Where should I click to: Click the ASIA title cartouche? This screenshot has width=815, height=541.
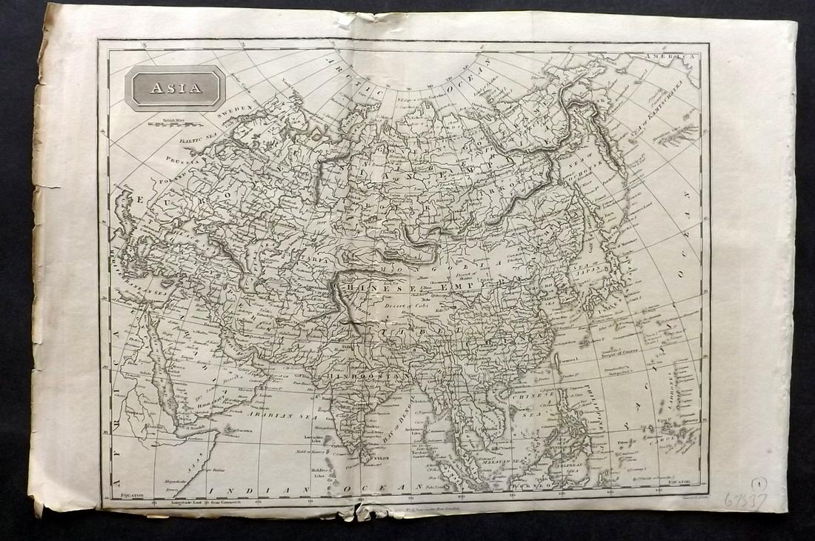pos(176,88)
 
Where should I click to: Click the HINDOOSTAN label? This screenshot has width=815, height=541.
pos(361,376)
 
